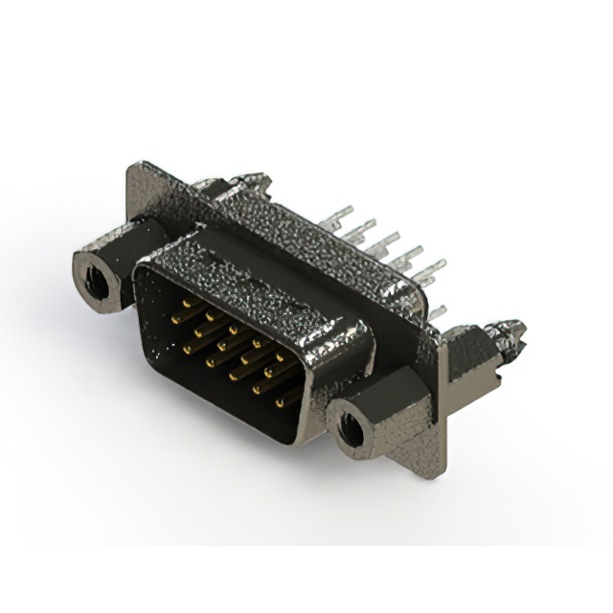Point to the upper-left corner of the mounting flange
pyautogui.click(x=131, y=170)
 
